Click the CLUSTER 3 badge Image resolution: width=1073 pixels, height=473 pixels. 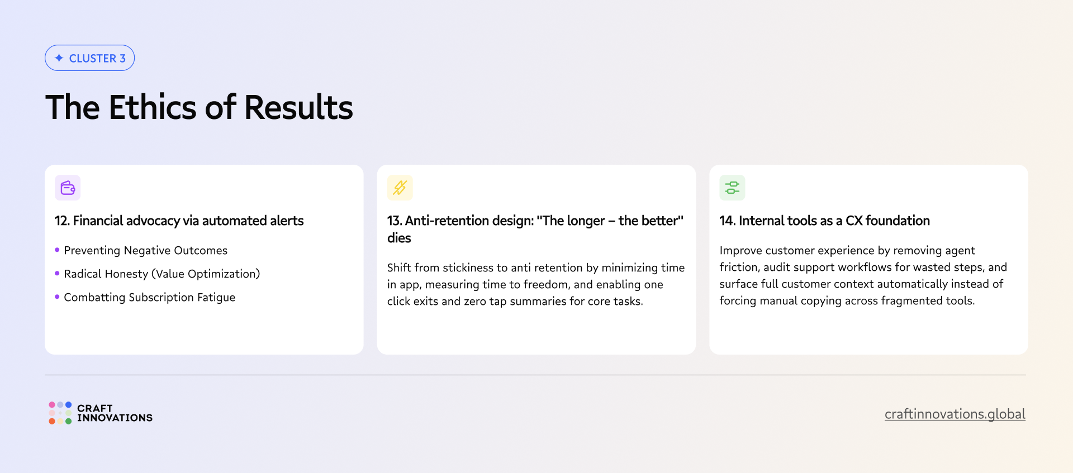89,58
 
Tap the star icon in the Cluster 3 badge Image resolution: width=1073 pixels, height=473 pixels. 59,58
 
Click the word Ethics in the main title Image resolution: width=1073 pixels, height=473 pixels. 152,107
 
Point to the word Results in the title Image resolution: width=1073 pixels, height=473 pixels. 298,107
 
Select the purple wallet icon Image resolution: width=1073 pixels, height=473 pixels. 68,188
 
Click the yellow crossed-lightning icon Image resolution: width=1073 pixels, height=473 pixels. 400,188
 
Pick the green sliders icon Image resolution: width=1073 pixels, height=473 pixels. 732,188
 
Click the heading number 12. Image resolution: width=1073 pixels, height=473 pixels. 61,221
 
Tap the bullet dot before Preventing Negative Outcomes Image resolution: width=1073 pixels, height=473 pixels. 57,250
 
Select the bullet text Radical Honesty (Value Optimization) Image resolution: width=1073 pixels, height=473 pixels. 162,274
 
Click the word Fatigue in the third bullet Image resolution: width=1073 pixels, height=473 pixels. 216,298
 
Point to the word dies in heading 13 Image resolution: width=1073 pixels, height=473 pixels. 399,238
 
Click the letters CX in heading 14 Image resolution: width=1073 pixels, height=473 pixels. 854,221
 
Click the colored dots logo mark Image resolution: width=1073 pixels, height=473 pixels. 60,413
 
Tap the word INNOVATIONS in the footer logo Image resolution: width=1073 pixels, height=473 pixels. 115,418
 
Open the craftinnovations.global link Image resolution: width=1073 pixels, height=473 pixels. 955,414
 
